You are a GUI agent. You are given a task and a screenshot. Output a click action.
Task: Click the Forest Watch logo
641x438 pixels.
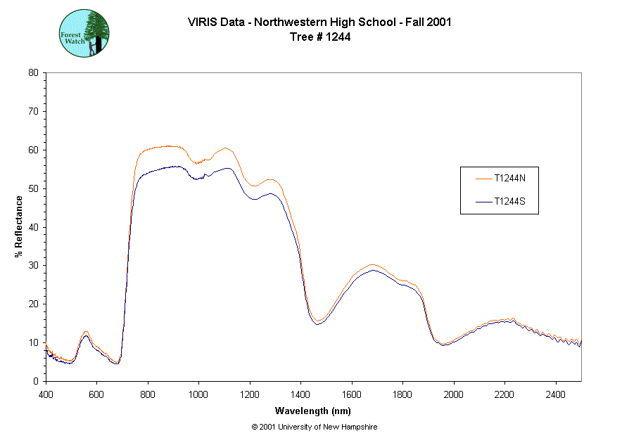pos(84,33)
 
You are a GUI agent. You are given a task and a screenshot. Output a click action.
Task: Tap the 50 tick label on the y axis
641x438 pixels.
pos(33,188)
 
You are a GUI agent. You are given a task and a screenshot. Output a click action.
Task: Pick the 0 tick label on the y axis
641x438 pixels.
pos(36,381)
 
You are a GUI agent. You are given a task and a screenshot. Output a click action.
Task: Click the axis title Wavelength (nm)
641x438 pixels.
pos(313,411)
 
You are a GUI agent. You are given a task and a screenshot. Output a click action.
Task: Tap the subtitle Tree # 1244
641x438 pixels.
pos(320,37)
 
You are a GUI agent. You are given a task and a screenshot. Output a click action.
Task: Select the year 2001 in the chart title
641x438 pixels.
pos(439,22)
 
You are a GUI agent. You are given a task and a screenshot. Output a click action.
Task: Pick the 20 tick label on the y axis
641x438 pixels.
pos(33,304)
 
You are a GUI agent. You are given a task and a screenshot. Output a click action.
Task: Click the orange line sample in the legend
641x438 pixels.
pos(482,178)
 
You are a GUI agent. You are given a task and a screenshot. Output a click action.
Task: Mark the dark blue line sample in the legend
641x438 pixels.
pos(482,202)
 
